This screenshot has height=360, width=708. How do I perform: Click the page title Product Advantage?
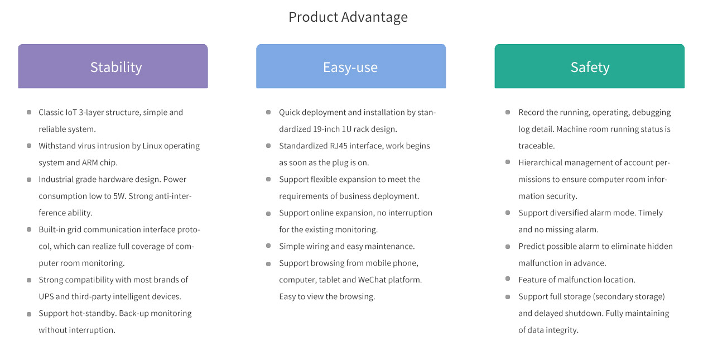(348, 17)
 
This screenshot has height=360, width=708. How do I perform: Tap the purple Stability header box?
(113, 66)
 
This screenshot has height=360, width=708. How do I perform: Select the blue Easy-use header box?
(351, 66)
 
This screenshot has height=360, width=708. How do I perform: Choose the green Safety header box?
(590, 66)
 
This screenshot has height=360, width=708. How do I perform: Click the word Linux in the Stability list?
(152, 146)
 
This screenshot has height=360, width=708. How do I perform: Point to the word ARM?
(90, 162)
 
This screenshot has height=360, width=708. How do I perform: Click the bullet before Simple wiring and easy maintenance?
(268, 246)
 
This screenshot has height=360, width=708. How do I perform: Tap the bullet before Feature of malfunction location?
(508, 279)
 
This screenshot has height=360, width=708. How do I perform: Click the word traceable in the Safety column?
(536, 146)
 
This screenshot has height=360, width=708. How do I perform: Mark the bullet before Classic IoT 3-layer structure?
(29, 112)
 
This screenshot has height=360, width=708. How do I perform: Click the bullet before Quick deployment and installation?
(268, 112)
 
